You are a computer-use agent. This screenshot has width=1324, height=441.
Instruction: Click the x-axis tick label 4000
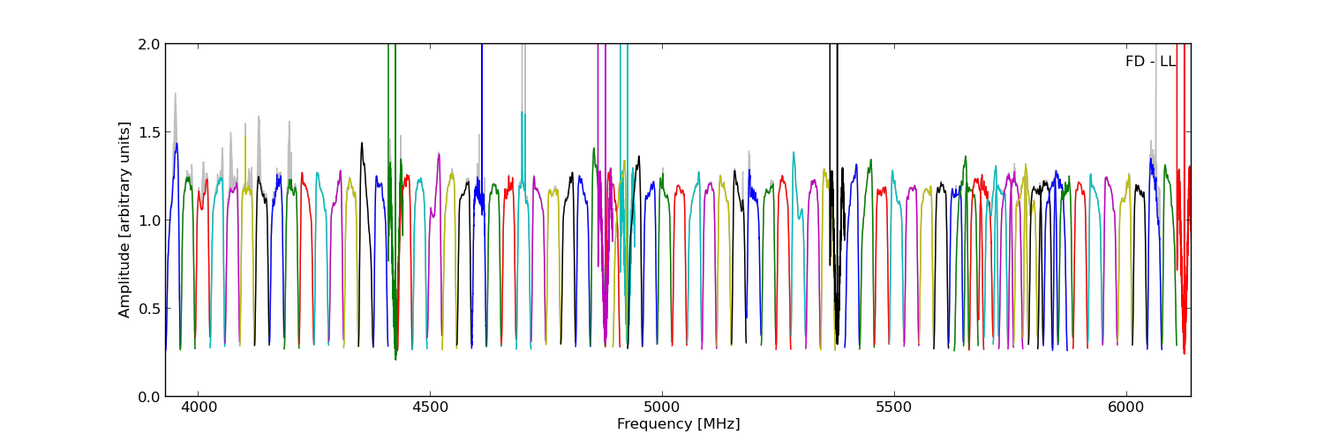pos(198,409)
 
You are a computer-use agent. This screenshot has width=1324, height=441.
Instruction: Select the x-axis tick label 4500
pos(430,409)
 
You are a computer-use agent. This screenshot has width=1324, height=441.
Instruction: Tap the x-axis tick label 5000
pos(662,409)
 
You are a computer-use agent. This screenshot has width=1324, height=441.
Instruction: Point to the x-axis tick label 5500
pos(894,409)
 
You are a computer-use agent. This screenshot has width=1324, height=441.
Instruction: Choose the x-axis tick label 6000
pos(1126,409)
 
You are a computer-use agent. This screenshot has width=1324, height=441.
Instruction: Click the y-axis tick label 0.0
pos(149,397)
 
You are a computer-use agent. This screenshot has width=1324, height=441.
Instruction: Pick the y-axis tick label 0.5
pos(149,309)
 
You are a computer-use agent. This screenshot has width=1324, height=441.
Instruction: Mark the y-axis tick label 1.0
pos(149,220)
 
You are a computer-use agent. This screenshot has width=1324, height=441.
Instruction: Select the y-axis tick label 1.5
pos(149,132)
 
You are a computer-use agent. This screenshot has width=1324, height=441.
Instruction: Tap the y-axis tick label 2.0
pos(149,44)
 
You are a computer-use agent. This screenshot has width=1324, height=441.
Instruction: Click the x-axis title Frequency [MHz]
pos(678,424)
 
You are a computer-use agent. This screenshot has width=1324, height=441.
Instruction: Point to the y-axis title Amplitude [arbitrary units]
pos(125,220)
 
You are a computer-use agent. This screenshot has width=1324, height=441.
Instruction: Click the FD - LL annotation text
pos(1150,62)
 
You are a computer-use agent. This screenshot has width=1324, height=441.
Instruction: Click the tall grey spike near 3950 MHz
pos(175,95)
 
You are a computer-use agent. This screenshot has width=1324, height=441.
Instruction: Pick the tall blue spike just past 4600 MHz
pos(482,53)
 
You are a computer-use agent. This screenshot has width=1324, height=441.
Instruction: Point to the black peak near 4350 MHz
pos(361,144)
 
